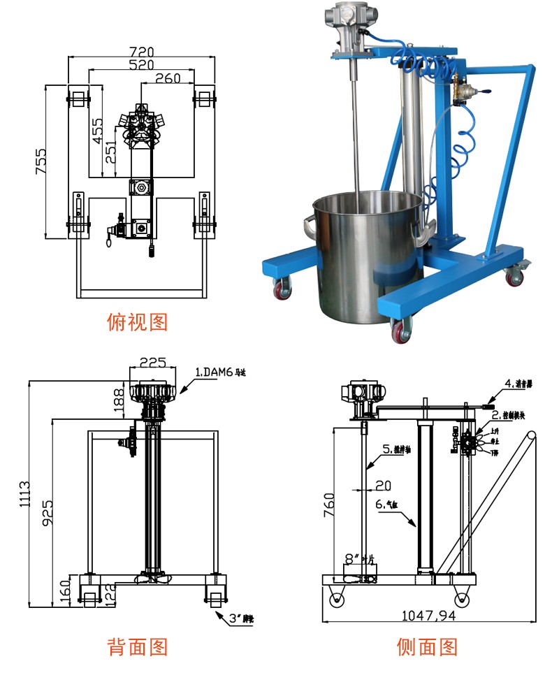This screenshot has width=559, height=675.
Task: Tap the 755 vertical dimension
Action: tap(40, 161)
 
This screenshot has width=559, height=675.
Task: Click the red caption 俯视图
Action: tap(138, 321)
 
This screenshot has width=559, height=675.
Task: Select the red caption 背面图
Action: tap(138, 647)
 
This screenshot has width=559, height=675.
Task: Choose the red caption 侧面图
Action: tap(427, 647)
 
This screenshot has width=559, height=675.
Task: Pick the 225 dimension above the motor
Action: tap(152, 362)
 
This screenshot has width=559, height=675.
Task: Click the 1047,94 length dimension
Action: tap(428, 616)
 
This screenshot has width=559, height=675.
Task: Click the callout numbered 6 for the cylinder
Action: tap(389, 504)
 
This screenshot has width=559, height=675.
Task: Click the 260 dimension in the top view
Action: tap(168, 78)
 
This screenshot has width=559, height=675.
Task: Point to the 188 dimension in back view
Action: tap(119, 399)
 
